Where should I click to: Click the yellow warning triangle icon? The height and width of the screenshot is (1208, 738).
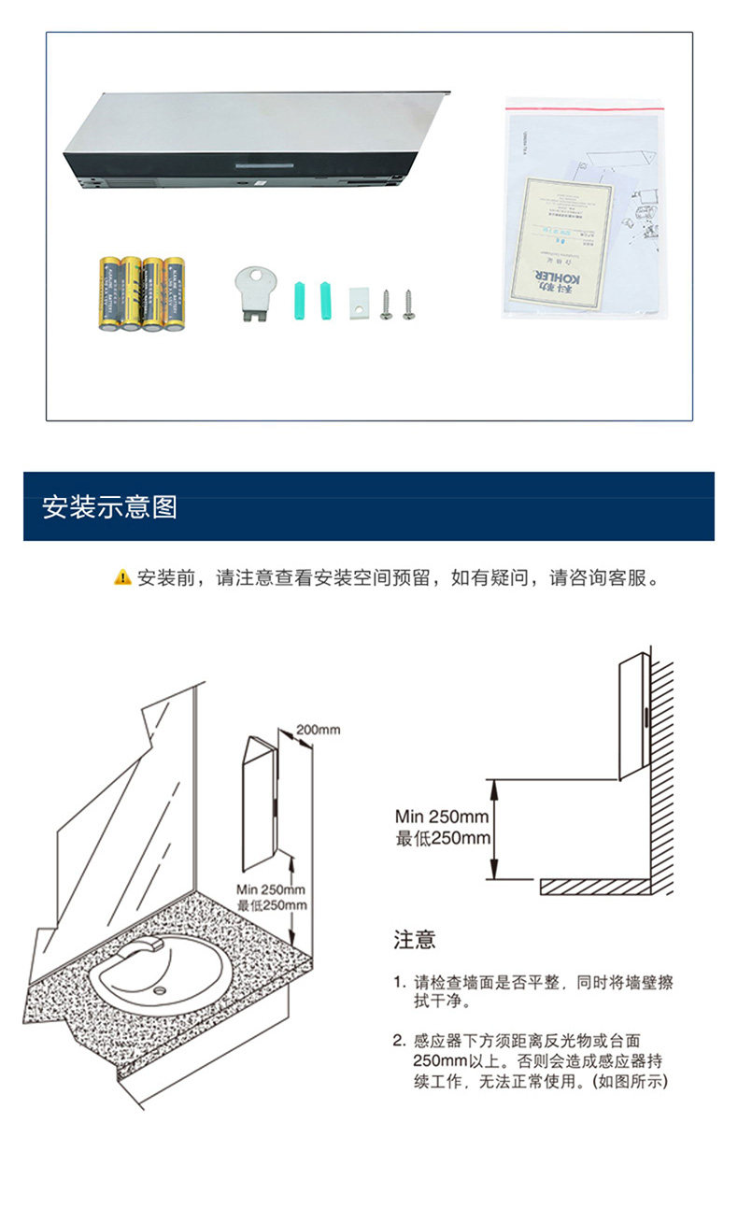coord(122,577)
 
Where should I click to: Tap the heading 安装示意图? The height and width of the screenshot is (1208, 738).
coord(109,507)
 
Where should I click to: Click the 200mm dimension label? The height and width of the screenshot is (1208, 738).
coord(318,729)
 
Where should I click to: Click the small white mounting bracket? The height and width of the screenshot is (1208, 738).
coord(359,300)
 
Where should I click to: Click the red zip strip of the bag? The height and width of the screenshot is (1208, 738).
coord(585,105)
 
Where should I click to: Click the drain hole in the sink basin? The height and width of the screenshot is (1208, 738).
coord(160,989)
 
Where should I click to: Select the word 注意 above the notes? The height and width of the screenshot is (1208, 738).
coord(415,939)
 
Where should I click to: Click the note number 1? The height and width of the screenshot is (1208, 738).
coord(398,983)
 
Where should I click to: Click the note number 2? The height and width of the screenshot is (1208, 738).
coord(398,1040)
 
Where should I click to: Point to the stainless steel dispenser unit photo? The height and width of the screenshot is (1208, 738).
coord(252,140)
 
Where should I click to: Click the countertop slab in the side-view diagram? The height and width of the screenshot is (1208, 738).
coord(594,885)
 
